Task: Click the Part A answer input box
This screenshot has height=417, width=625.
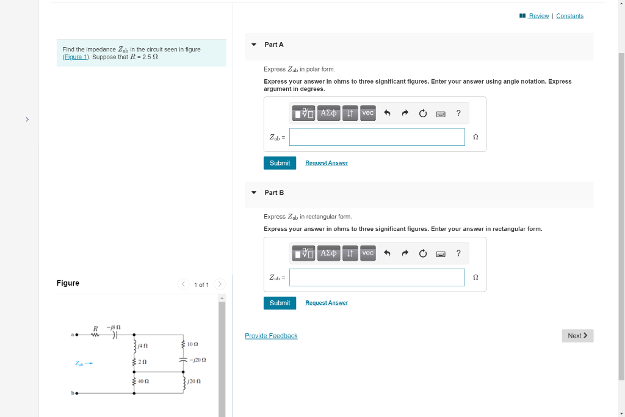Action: (x=377, y=137)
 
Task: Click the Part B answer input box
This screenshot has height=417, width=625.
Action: (x=377, y=277)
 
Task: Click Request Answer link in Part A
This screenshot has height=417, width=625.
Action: (x=327, y=163)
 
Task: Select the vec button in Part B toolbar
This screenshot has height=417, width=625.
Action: (x=367, y=253)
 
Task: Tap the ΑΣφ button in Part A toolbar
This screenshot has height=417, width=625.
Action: (x=328, y=113)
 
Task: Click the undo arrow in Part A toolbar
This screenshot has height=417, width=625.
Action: (x=387, y=113)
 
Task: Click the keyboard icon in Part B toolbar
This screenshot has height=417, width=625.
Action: (x=441, y=253)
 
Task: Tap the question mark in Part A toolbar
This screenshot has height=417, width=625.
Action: (x=458, y=113)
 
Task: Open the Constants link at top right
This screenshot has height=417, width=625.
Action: (x=569, y=16)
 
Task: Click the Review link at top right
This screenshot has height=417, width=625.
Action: (x=538, y=16)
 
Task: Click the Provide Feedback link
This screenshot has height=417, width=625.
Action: (x=271, y=336)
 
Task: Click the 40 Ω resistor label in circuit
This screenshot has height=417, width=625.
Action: (x=144, y=381)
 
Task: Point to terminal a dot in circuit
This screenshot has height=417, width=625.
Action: (x=76, y=334)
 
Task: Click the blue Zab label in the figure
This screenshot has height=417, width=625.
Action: (x=80, y=364)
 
